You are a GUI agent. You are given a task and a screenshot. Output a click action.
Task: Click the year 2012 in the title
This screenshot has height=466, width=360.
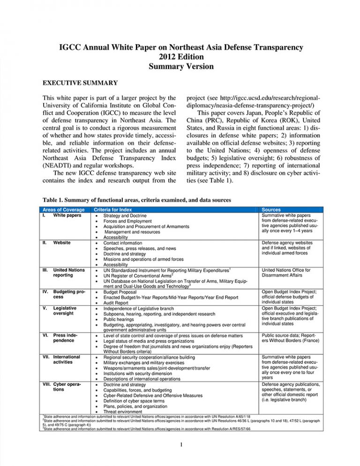164,57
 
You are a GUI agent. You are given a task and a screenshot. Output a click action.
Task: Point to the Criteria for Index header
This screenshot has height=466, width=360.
113,209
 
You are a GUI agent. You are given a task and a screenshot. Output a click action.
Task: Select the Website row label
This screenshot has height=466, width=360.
62,243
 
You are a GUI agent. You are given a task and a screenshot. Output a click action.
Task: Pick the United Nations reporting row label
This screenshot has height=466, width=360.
68,273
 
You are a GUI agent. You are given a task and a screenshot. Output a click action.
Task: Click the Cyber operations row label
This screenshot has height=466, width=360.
66,387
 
